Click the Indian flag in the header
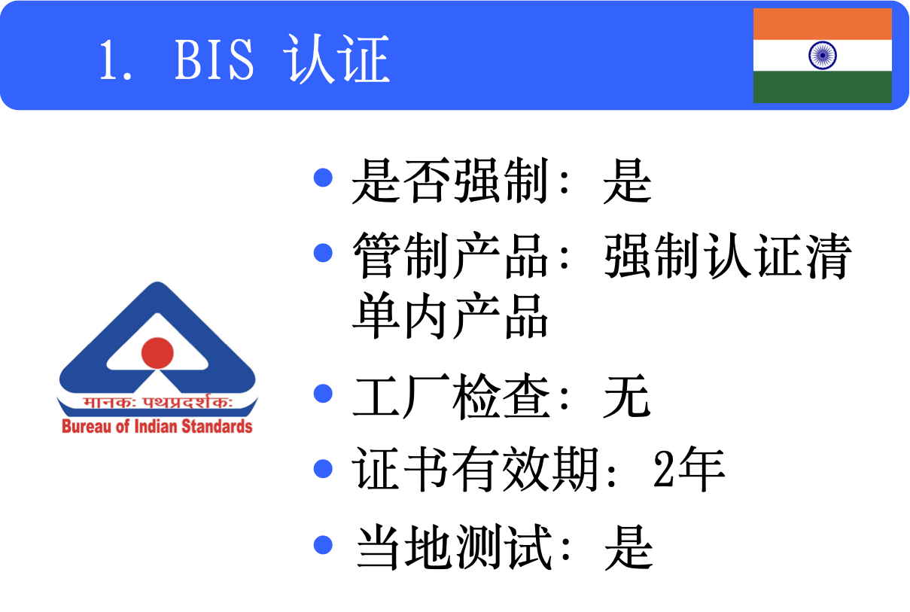(823, 56)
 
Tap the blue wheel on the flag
(823, 55)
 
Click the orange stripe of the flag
(823, 24)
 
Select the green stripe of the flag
(823, 87)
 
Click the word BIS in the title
(215, 59)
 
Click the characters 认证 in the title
(336, 59)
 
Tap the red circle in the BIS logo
(157, 352)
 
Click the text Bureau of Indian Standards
(157, 427)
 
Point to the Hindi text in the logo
(157, 403)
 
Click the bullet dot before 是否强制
(323, 178)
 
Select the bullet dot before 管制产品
(323, 252)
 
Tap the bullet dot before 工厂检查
(323, 394)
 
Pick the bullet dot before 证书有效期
(323, 468)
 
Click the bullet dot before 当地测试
(323, 544)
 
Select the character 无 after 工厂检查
(626, 397)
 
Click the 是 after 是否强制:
(627, 181)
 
